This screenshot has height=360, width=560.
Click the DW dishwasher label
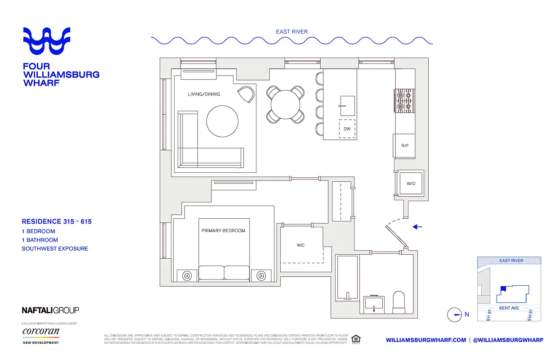347,129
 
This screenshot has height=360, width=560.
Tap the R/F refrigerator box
404,146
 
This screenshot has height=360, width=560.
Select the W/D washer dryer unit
410,183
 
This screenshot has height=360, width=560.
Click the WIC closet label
300,245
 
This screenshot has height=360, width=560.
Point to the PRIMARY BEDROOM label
223,231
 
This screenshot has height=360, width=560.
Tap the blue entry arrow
417,227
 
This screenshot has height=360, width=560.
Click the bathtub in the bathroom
346,277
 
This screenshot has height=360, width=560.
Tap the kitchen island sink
346,106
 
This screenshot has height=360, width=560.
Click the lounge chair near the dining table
245,94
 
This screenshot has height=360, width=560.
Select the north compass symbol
455,315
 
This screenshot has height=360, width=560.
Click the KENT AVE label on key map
509,308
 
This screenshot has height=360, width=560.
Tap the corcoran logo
40,332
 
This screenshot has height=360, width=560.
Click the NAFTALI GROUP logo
50,310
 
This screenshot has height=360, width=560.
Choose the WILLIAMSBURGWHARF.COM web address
426,340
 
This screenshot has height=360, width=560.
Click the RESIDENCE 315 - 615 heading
57,221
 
